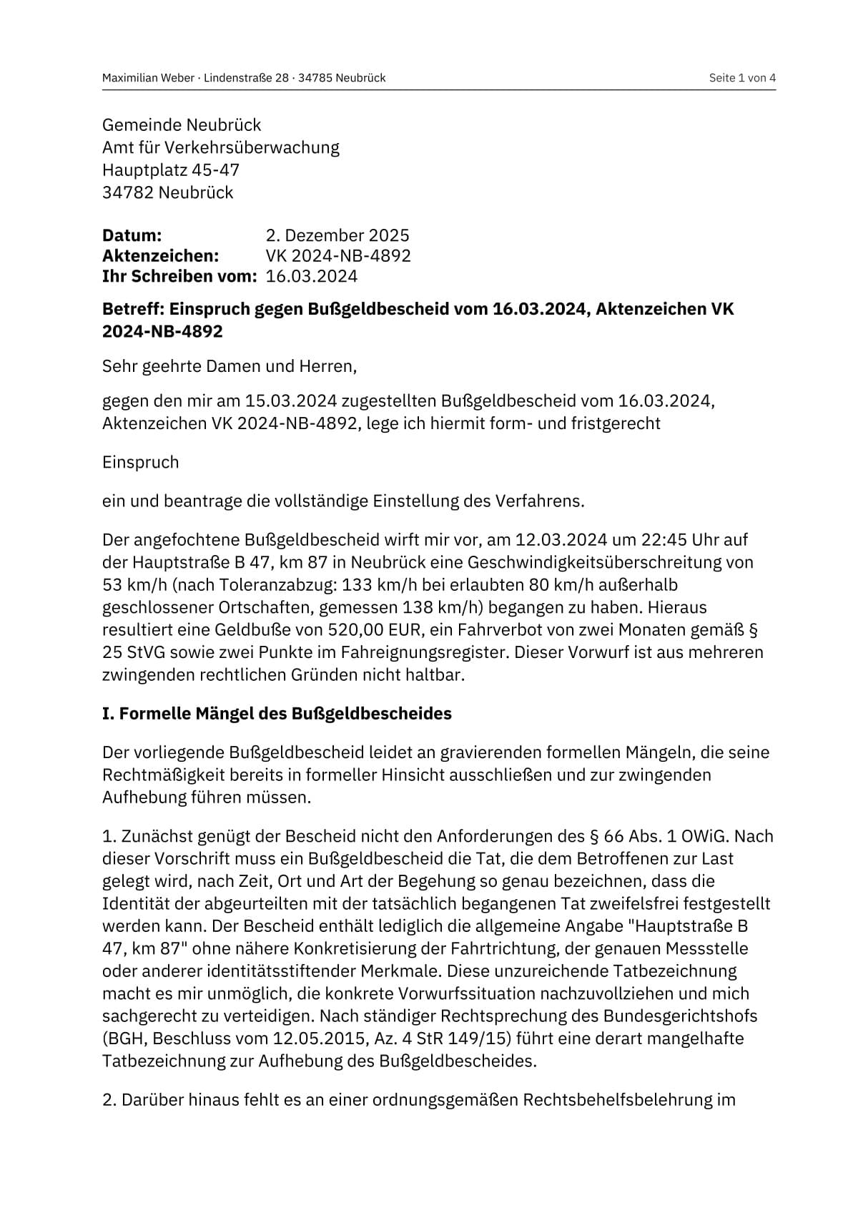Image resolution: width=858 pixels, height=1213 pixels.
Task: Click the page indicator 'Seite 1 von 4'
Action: coord(741,78)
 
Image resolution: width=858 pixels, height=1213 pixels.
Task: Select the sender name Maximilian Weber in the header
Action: coord(148,78)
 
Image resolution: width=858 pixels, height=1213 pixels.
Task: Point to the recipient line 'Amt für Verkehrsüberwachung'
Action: coord(220,147)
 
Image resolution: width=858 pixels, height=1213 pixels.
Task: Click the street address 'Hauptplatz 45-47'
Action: coord(170,170)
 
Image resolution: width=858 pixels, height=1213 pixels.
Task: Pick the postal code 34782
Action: coord(127,192)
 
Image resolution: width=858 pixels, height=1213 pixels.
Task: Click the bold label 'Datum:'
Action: coord(132,235)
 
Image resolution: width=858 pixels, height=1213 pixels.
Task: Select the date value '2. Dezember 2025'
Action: coord(337,235)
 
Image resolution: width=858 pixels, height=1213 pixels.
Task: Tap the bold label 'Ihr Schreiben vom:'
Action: coord(179,276)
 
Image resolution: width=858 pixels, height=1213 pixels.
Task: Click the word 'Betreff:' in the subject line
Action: coord(133,309)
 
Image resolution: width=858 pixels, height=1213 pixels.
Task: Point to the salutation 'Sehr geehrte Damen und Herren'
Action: coord(229,367)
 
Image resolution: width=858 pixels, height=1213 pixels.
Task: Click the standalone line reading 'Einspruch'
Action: coord(140,462)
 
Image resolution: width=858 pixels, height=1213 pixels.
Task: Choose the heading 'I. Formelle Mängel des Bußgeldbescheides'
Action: coord(277,714)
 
